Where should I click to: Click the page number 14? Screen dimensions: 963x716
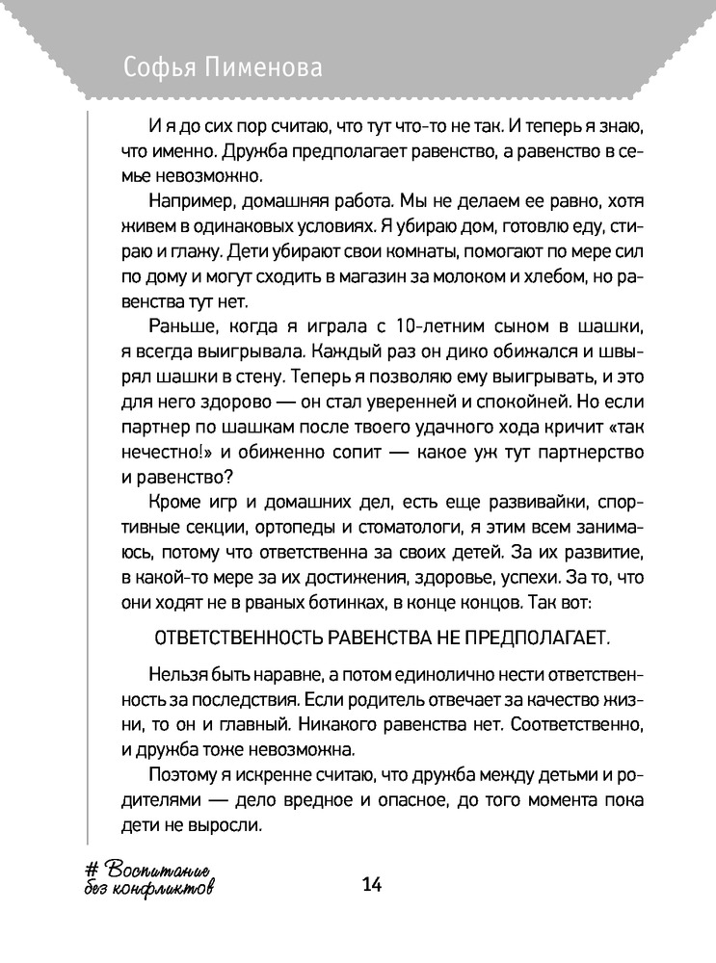(371, 885)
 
